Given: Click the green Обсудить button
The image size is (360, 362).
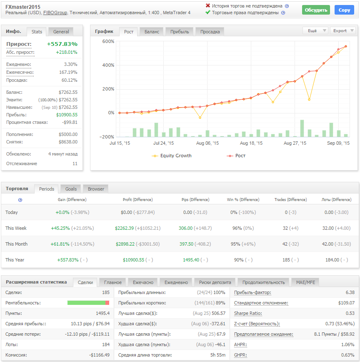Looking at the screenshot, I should [316, 10].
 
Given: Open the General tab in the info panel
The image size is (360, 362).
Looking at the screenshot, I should [61, 31].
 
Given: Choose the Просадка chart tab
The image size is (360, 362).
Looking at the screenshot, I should [210, 32].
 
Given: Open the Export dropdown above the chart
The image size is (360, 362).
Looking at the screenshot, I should [342, 30].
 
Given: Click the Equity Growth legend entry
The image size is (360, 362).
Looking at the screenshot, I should [175, 156].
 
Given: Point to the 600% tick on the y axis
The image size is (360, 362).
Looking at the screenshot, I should [108, 41].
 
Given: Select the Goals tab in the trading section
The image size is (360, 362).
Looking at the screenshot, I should [71, 189].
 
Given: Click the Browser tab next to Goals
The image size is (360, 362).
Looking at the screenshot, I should [96, 189].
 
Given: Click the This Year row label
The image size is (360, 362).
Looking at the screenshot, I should [15, 260].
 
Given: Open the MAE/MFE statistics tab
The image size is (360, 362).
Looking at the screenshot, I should [305, 282].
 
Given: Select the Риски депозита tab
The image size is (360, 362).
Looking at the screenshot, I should [215, 282].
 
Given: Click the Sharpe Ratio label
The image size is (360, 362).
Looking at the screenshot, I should [247, 313].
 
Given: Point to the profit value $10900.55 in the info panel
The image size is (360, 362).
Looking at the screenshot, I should [67, 115].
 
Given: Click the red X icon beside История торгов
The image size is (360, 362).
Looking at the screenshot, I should [208, 6].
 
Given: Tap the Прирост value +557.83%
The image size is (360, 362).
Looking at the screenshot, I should [62, 44].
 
